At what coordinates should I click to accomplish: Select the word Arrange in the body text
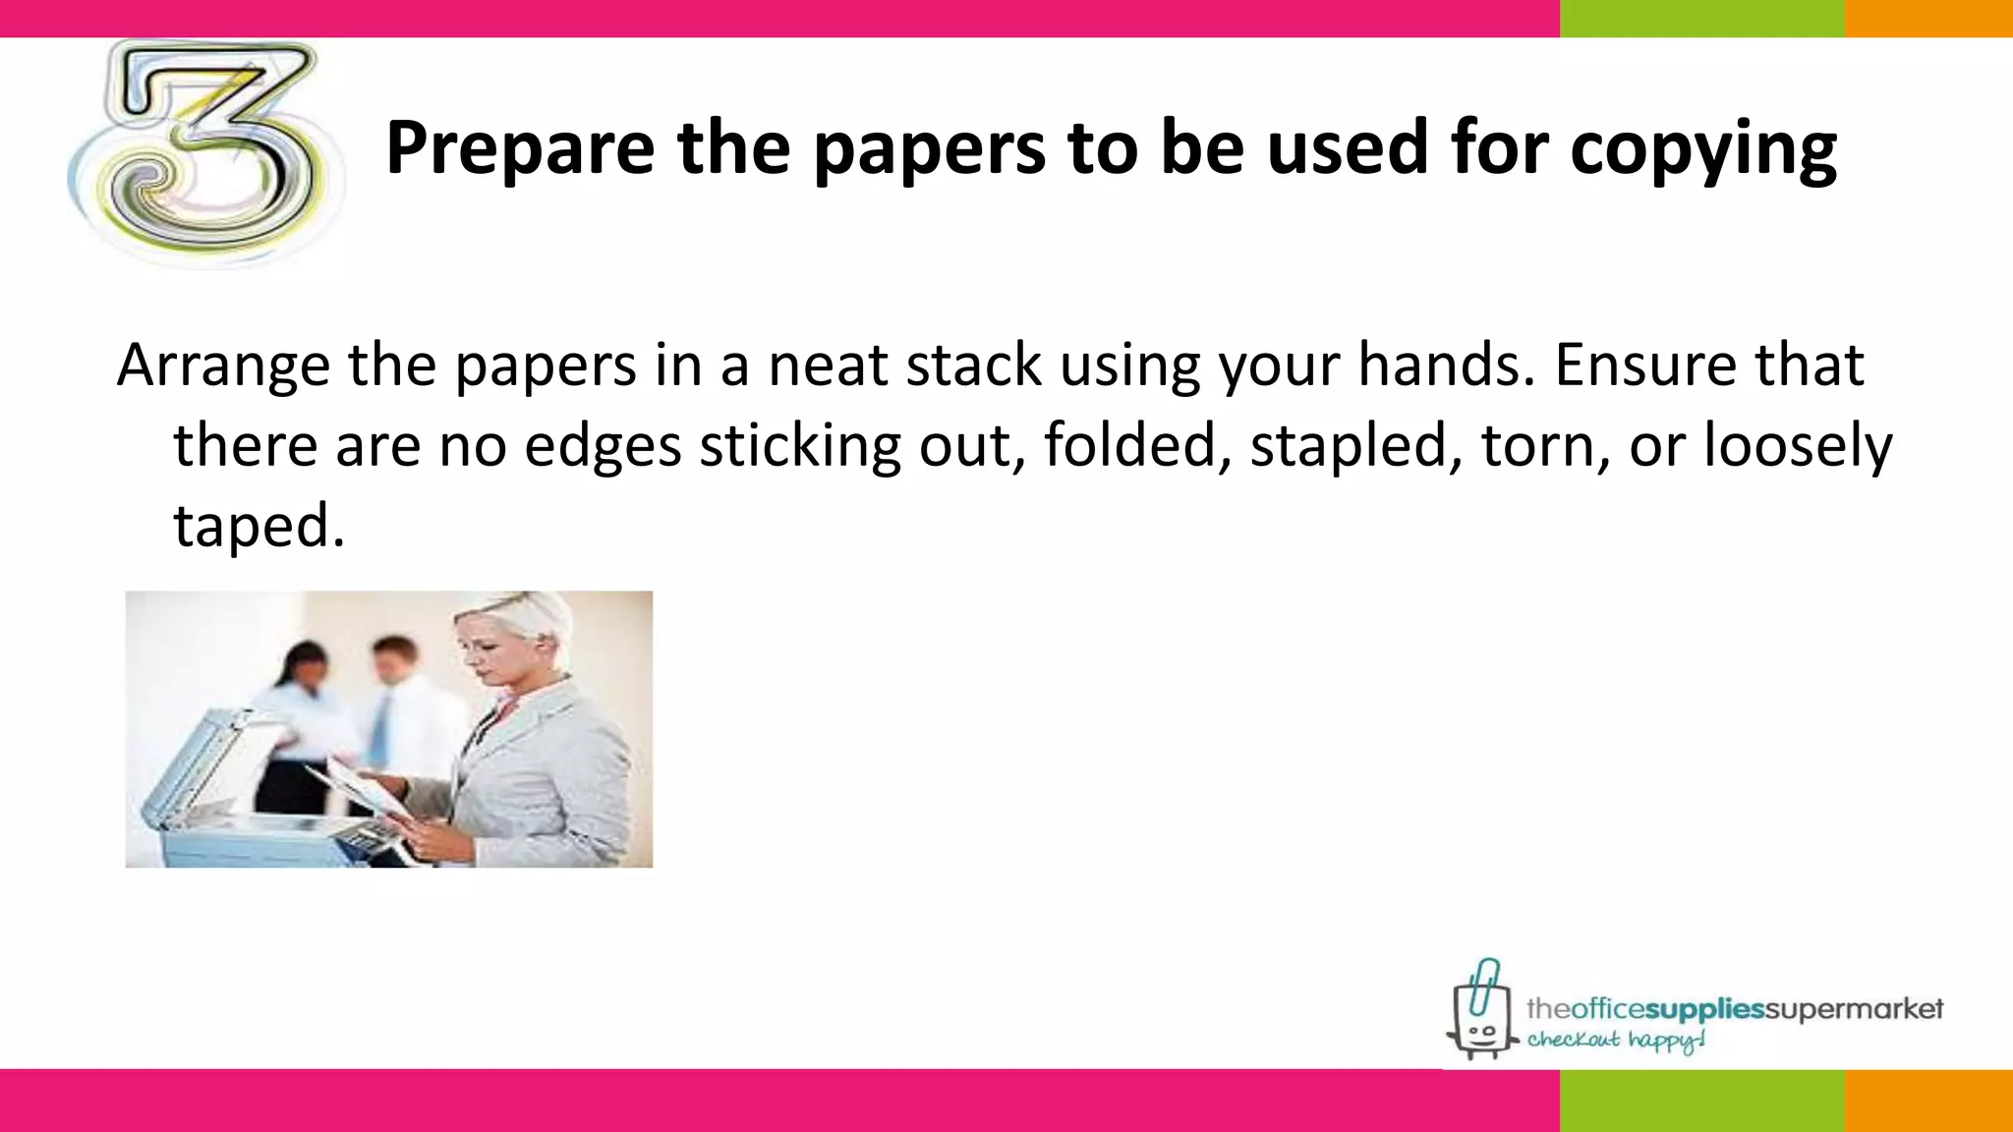pyautogui.click(x=223, y=366)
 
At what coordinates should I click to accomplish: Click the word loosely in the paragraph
pyautogui.click(x=1798, y=445)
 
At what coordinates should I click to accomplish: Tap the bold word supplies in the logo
pyautogui.click(x=1706, y=1009)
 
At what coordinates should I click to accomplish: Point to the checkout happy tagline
pyautogui.click(x=1616, y=1041)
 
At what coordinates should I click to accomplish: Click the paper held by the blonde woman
pyautogui.click(x=359, y=782)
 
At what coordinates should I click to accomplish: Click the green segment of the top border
pyautogui.click(x=1701, y=18)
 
